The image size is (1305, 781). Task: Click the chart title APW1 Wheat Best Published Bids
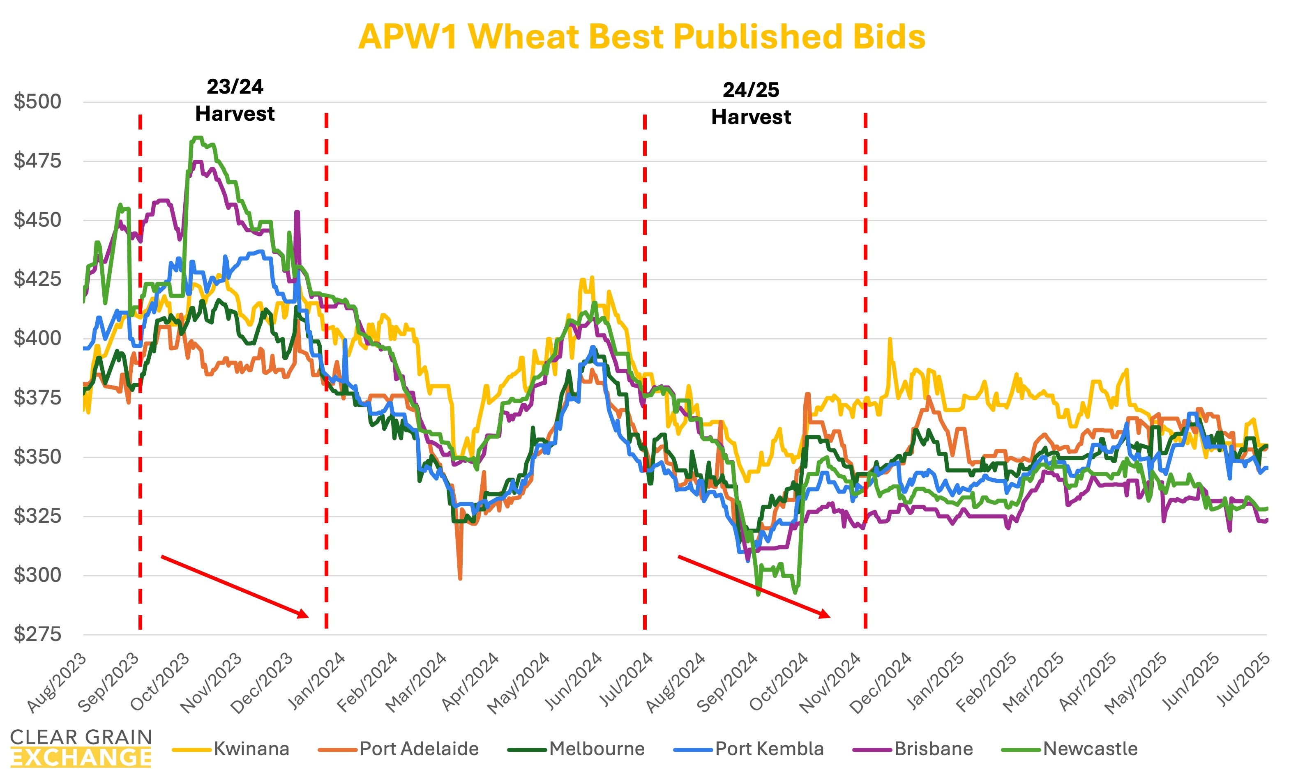[641, 37]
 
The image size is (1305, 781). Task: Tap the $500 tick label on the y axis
[37, 101]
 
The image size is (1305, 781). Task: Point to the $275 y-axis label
[37, 634]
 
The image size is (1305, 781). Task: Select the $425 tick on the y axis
[37, 279]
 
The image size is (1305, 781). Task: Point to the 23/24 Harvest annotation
[235, 100]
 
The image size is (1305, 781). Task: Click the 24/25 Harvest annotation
[751, 103]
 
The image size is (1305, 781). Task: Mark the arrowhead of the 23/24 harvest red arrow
[304, 615]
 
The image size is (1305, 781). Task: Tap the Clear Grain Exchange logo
[81, 747]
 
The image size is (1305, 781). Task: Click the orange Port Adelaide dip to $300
[460, 578]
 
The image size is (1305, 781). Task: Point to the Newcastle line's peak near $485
[197, 138]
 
